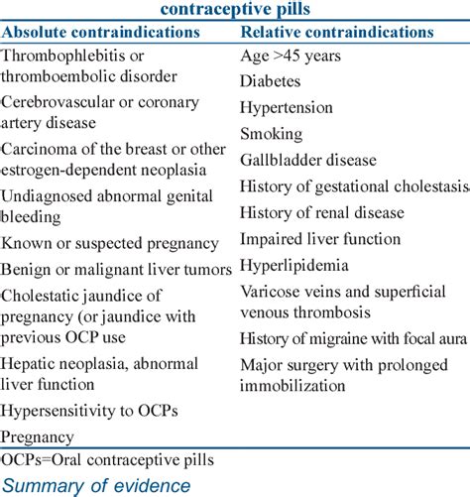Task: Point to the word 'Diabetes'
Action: click(x=270, y=84)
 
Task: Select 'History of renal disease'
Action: click(x=322, y=212)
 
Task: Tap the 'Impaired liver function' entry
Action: click(x=320, y=239)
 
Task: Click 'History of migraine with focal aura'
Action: click(x=353, y=339)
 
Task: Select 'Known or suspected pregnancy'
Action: click(x=110, y=243)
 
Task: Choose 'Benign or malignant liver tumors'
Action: click(x=117, y=269)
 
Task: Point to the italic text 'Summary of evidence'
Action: click(x=97, y=485)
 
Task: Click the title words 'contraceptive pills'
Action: click(x=235, y=9)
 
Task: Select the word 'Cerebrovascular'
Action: click(x=59, y=103)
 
